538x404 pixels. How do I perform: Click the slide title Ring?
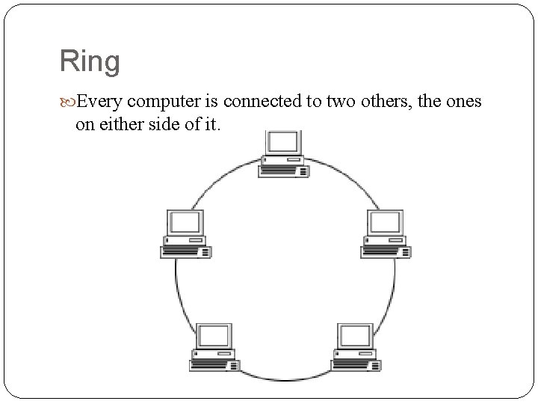pyautogui.click(x=90, y=61)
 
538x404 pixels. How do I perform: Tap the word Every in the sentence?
pyautogui.click(x=95, y=101)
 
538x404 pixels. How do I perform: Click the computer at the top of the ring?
pyautogui.click(x=284, y=154)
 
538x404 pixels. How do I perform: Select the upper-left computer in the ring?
pyautogui.click(x=185, y=234)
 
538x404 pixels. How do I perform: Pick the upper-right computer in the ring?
pyautogui.click(x=386, y=234)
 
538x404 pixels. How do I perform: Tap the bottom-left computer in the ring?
pyautogui.click(x=214, y=347)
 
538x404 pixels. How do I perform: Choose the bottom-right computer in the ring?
pyautogui.click(x=356, y=347)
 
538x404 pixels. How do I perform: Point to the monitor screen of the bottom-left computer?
pyautogui.click(x=215, y=335)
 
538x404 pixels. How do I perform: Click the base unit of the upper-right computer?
pyautogui.click(x=386, y=249)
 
